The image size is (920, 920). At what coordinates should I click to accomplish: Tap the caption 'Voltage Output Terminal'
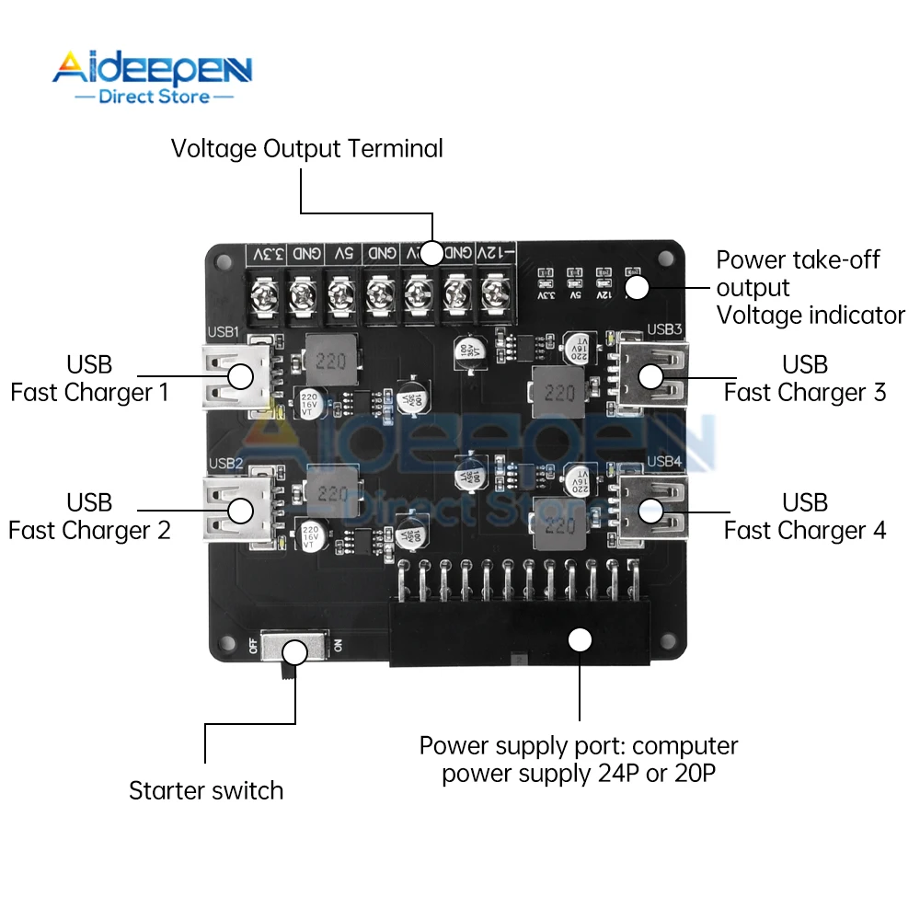pyautogui.click(x=306, y=148)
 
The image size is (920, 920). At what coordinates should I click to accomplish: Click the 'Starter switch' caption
pyautogui.click(x=206, y=790)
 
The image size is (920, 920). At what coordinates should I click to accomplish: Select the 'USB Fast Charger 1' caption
pyautogui.click(x=89, y=379)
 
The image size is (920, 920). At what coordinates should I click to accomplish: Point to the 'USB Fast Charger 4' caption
pyautogui.click(x=805, y=517)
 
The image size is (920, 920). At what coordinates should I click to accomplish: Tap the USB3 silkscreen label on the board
pyautogui.click(x=665, y=329)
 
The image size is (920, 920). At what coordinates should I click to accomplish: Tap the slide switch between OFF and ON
pyautogui.click(x=293, y=650)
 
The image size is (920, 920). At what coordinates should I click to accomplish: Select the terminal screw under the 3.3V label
pyautogui.click(x=264, y=295)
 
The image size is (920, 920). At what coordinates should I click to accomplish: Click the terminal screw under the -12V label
pyautogui.click(x=496, y=295)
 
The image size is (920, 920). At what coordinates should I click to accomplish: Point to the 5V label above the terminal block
pyautogui.click(x=342, y=254)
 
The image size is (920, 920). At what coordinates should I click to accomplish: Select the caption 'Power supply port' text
pyautogui.click(x=579, y=759)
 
